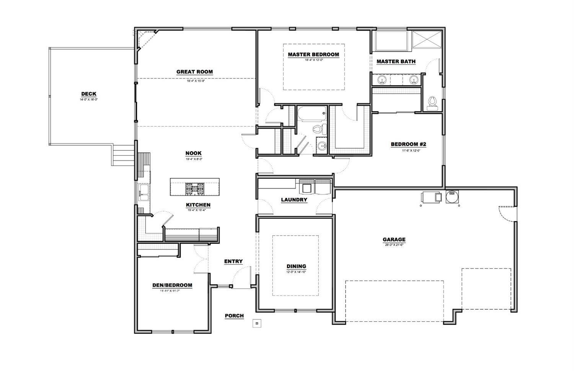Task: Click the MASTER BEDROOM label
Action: pos(313,55)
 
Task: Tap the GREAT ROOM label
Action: pos(194,72)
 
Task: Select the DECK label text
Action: pos(89,94)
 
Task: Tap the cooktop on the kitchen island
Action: pos(195,188)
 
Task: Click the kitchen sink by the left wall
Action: pos(144,193)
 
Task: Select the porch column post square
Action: pos(257,324)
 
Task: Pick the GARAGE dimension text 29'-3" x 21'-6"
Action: pos(394,244)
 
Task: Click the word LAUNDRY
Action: pos(294,200)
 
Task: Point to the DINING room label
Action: pos(297,266)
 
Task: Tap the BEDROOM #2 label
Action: pos(408,145)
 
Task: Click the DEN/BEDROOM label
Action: pos(172,285)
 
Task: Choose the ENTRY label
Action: pos(233,261)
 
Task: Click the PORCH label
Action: pos(234,316)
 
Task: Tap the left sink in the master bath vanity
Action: pos(381,80)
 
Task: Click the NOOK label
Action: pos(193,154)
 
